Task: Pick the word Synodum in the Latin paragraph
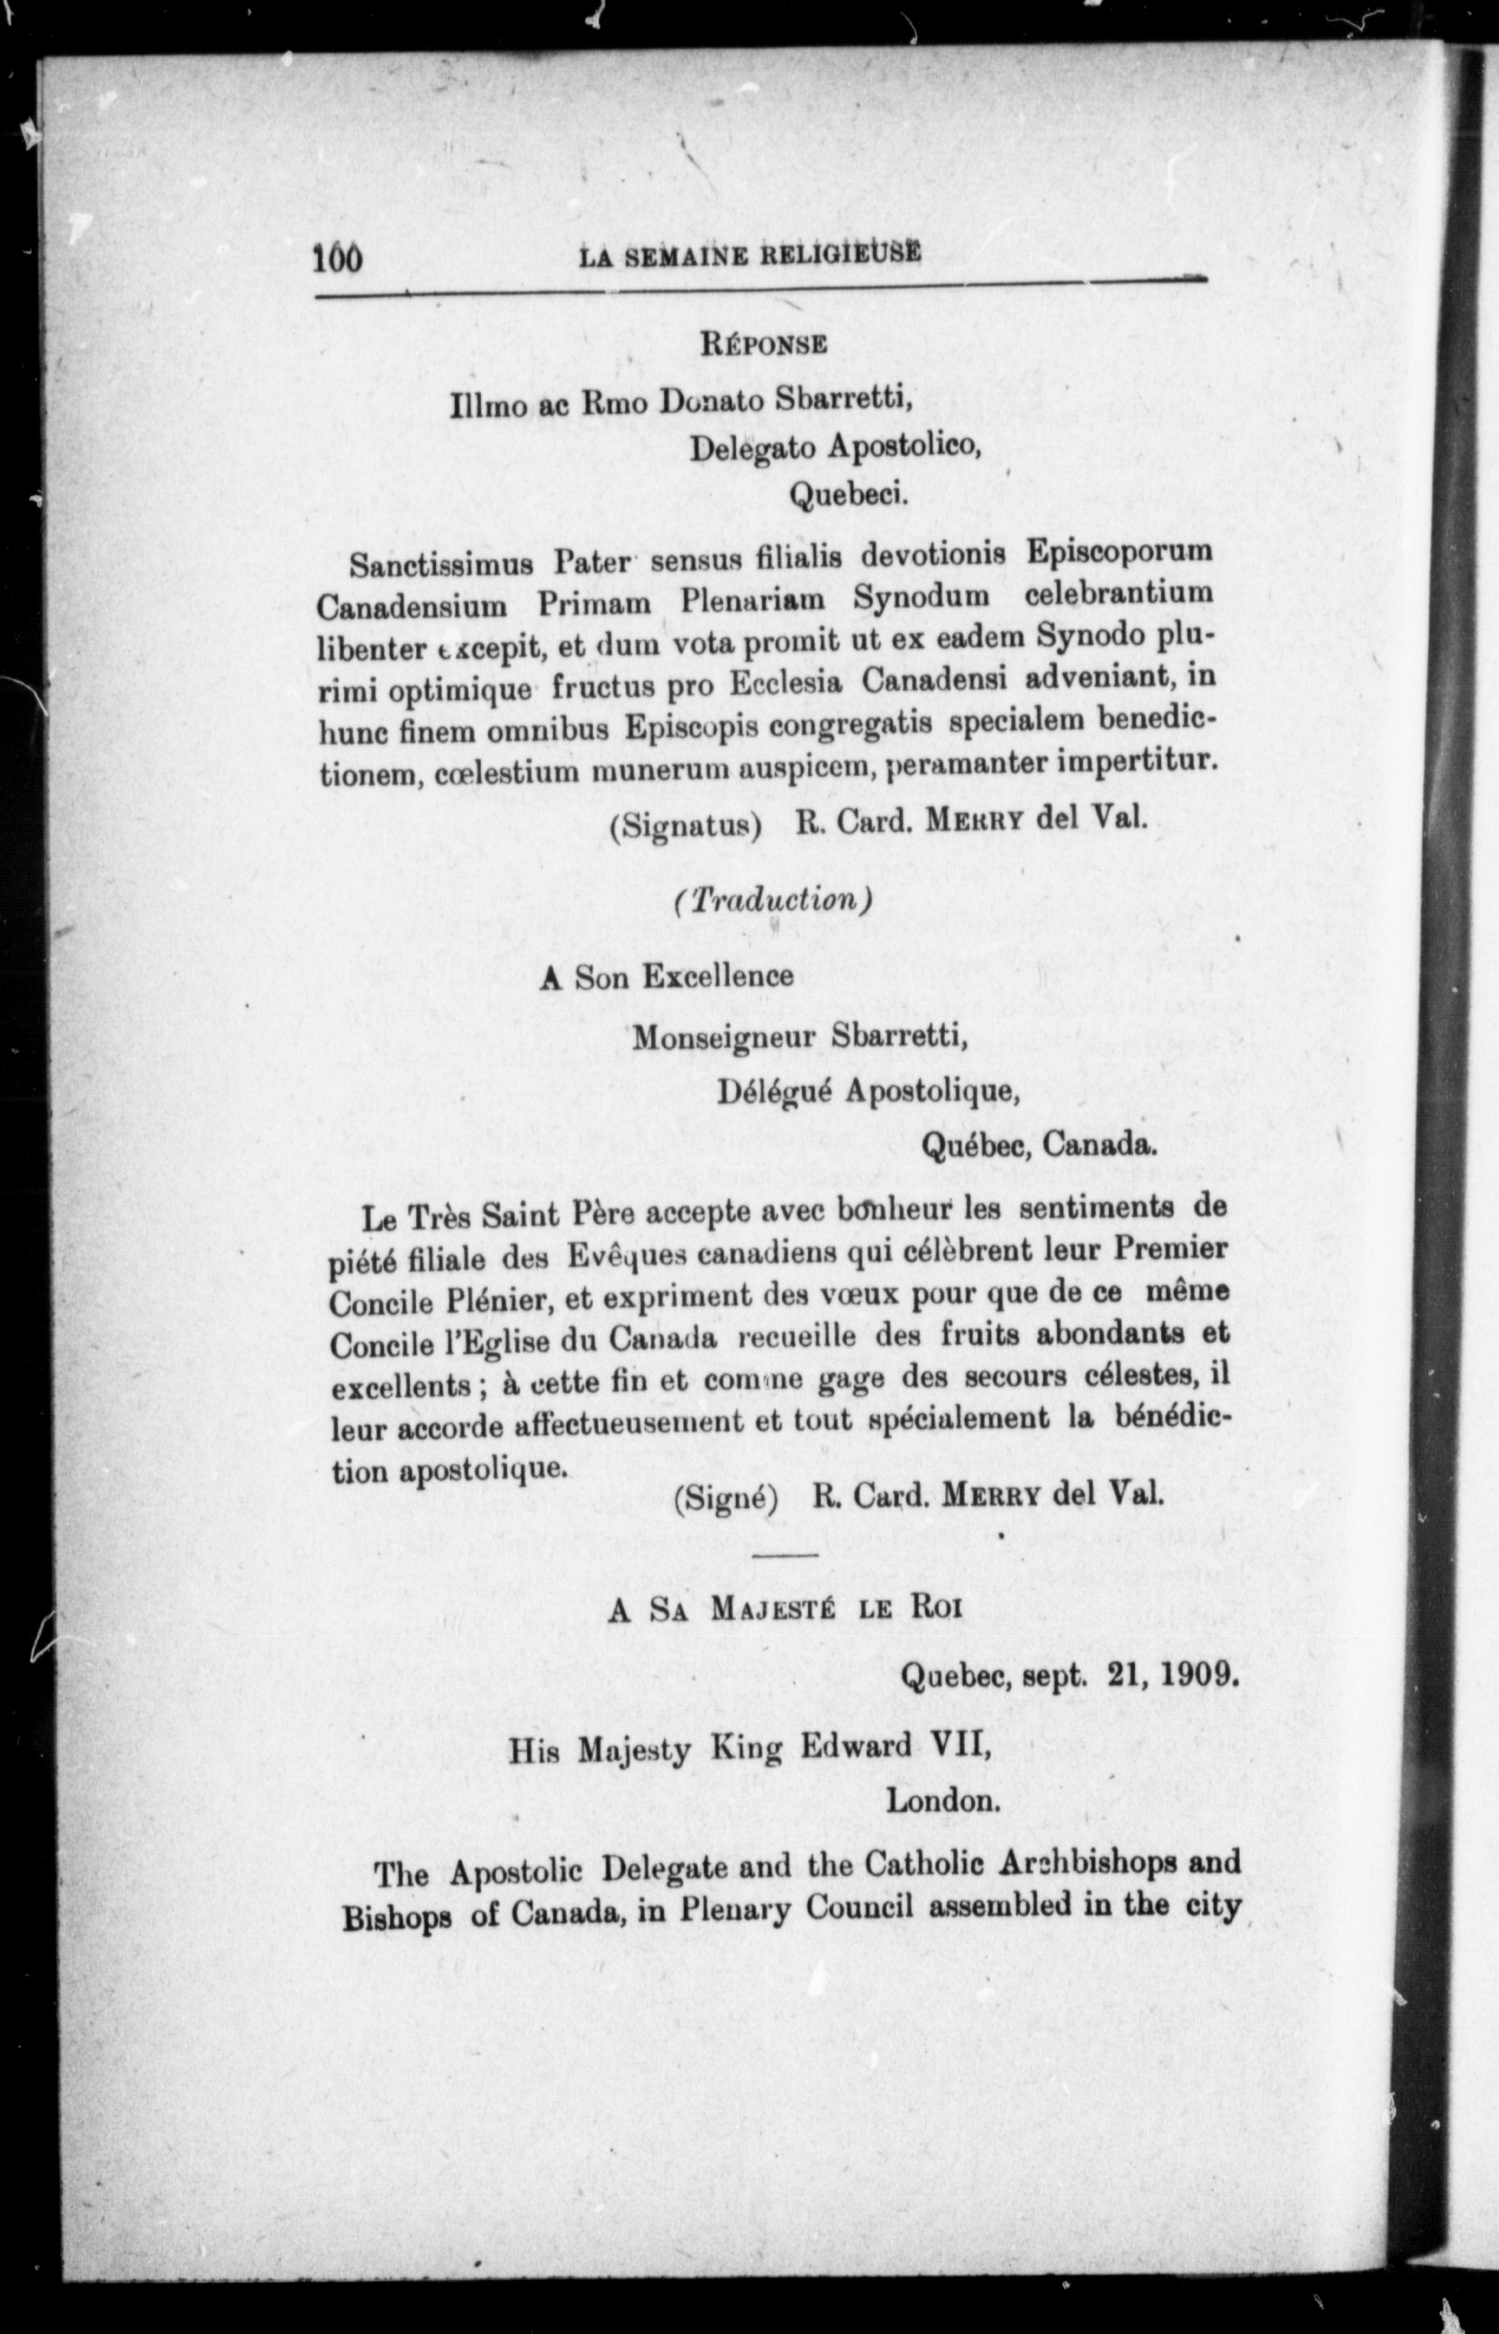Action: coord(921,595)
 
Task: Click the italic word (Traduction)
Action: coord(770,900)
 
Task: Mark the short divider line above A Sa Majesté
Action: coord(786,1556)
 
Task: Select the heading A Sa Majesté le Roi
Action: coord(785,1608)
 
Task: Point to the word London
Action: coord(942,1800)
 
